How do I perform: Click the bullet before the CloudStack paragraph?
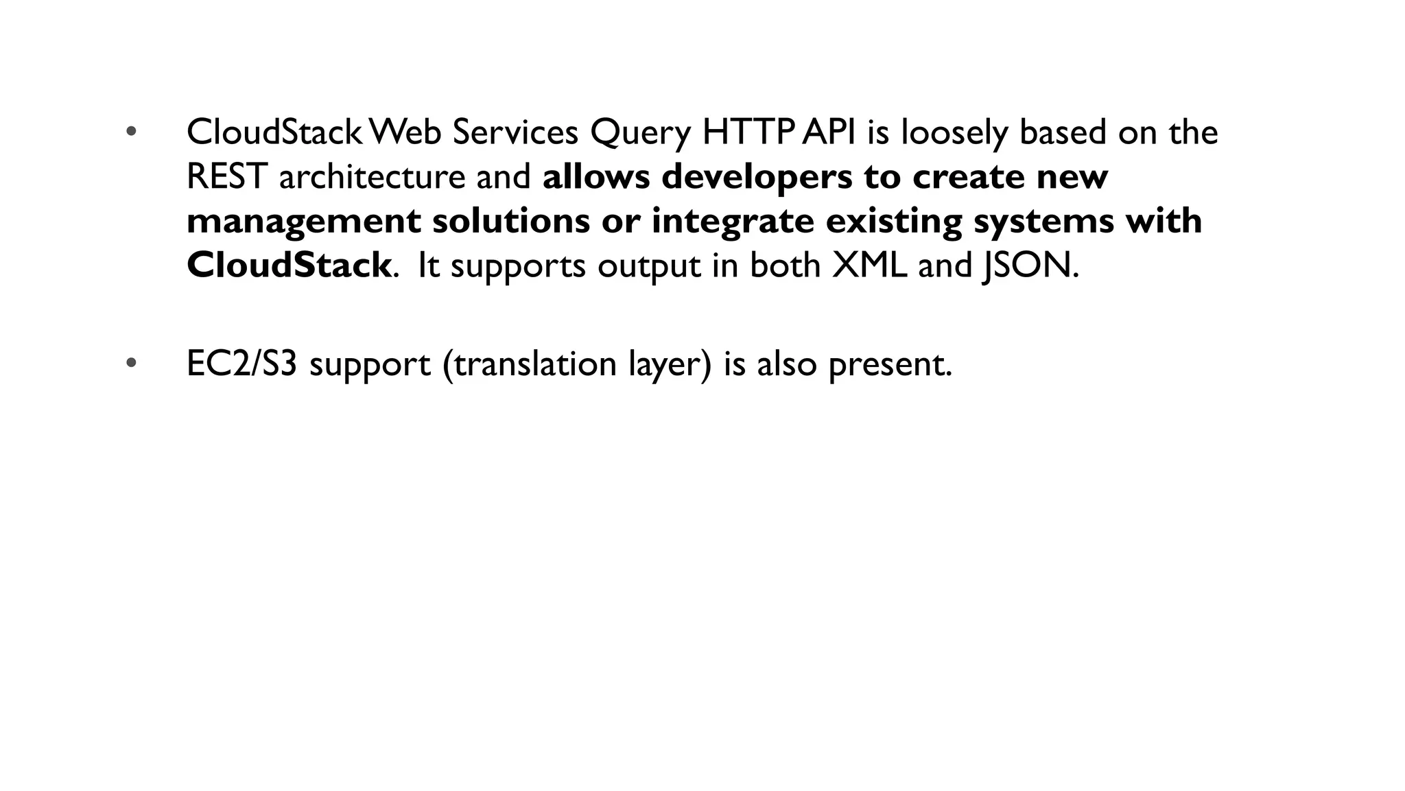132,132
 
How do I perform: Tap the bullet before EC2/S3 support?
132,363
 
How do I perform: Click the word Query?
640,133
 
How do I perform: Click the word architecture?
372,176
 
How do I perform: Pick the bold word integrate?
732,222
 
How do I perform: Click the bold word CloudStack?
289,265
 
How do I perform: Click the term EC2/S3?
241,364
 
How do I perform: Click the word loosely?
954,133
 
